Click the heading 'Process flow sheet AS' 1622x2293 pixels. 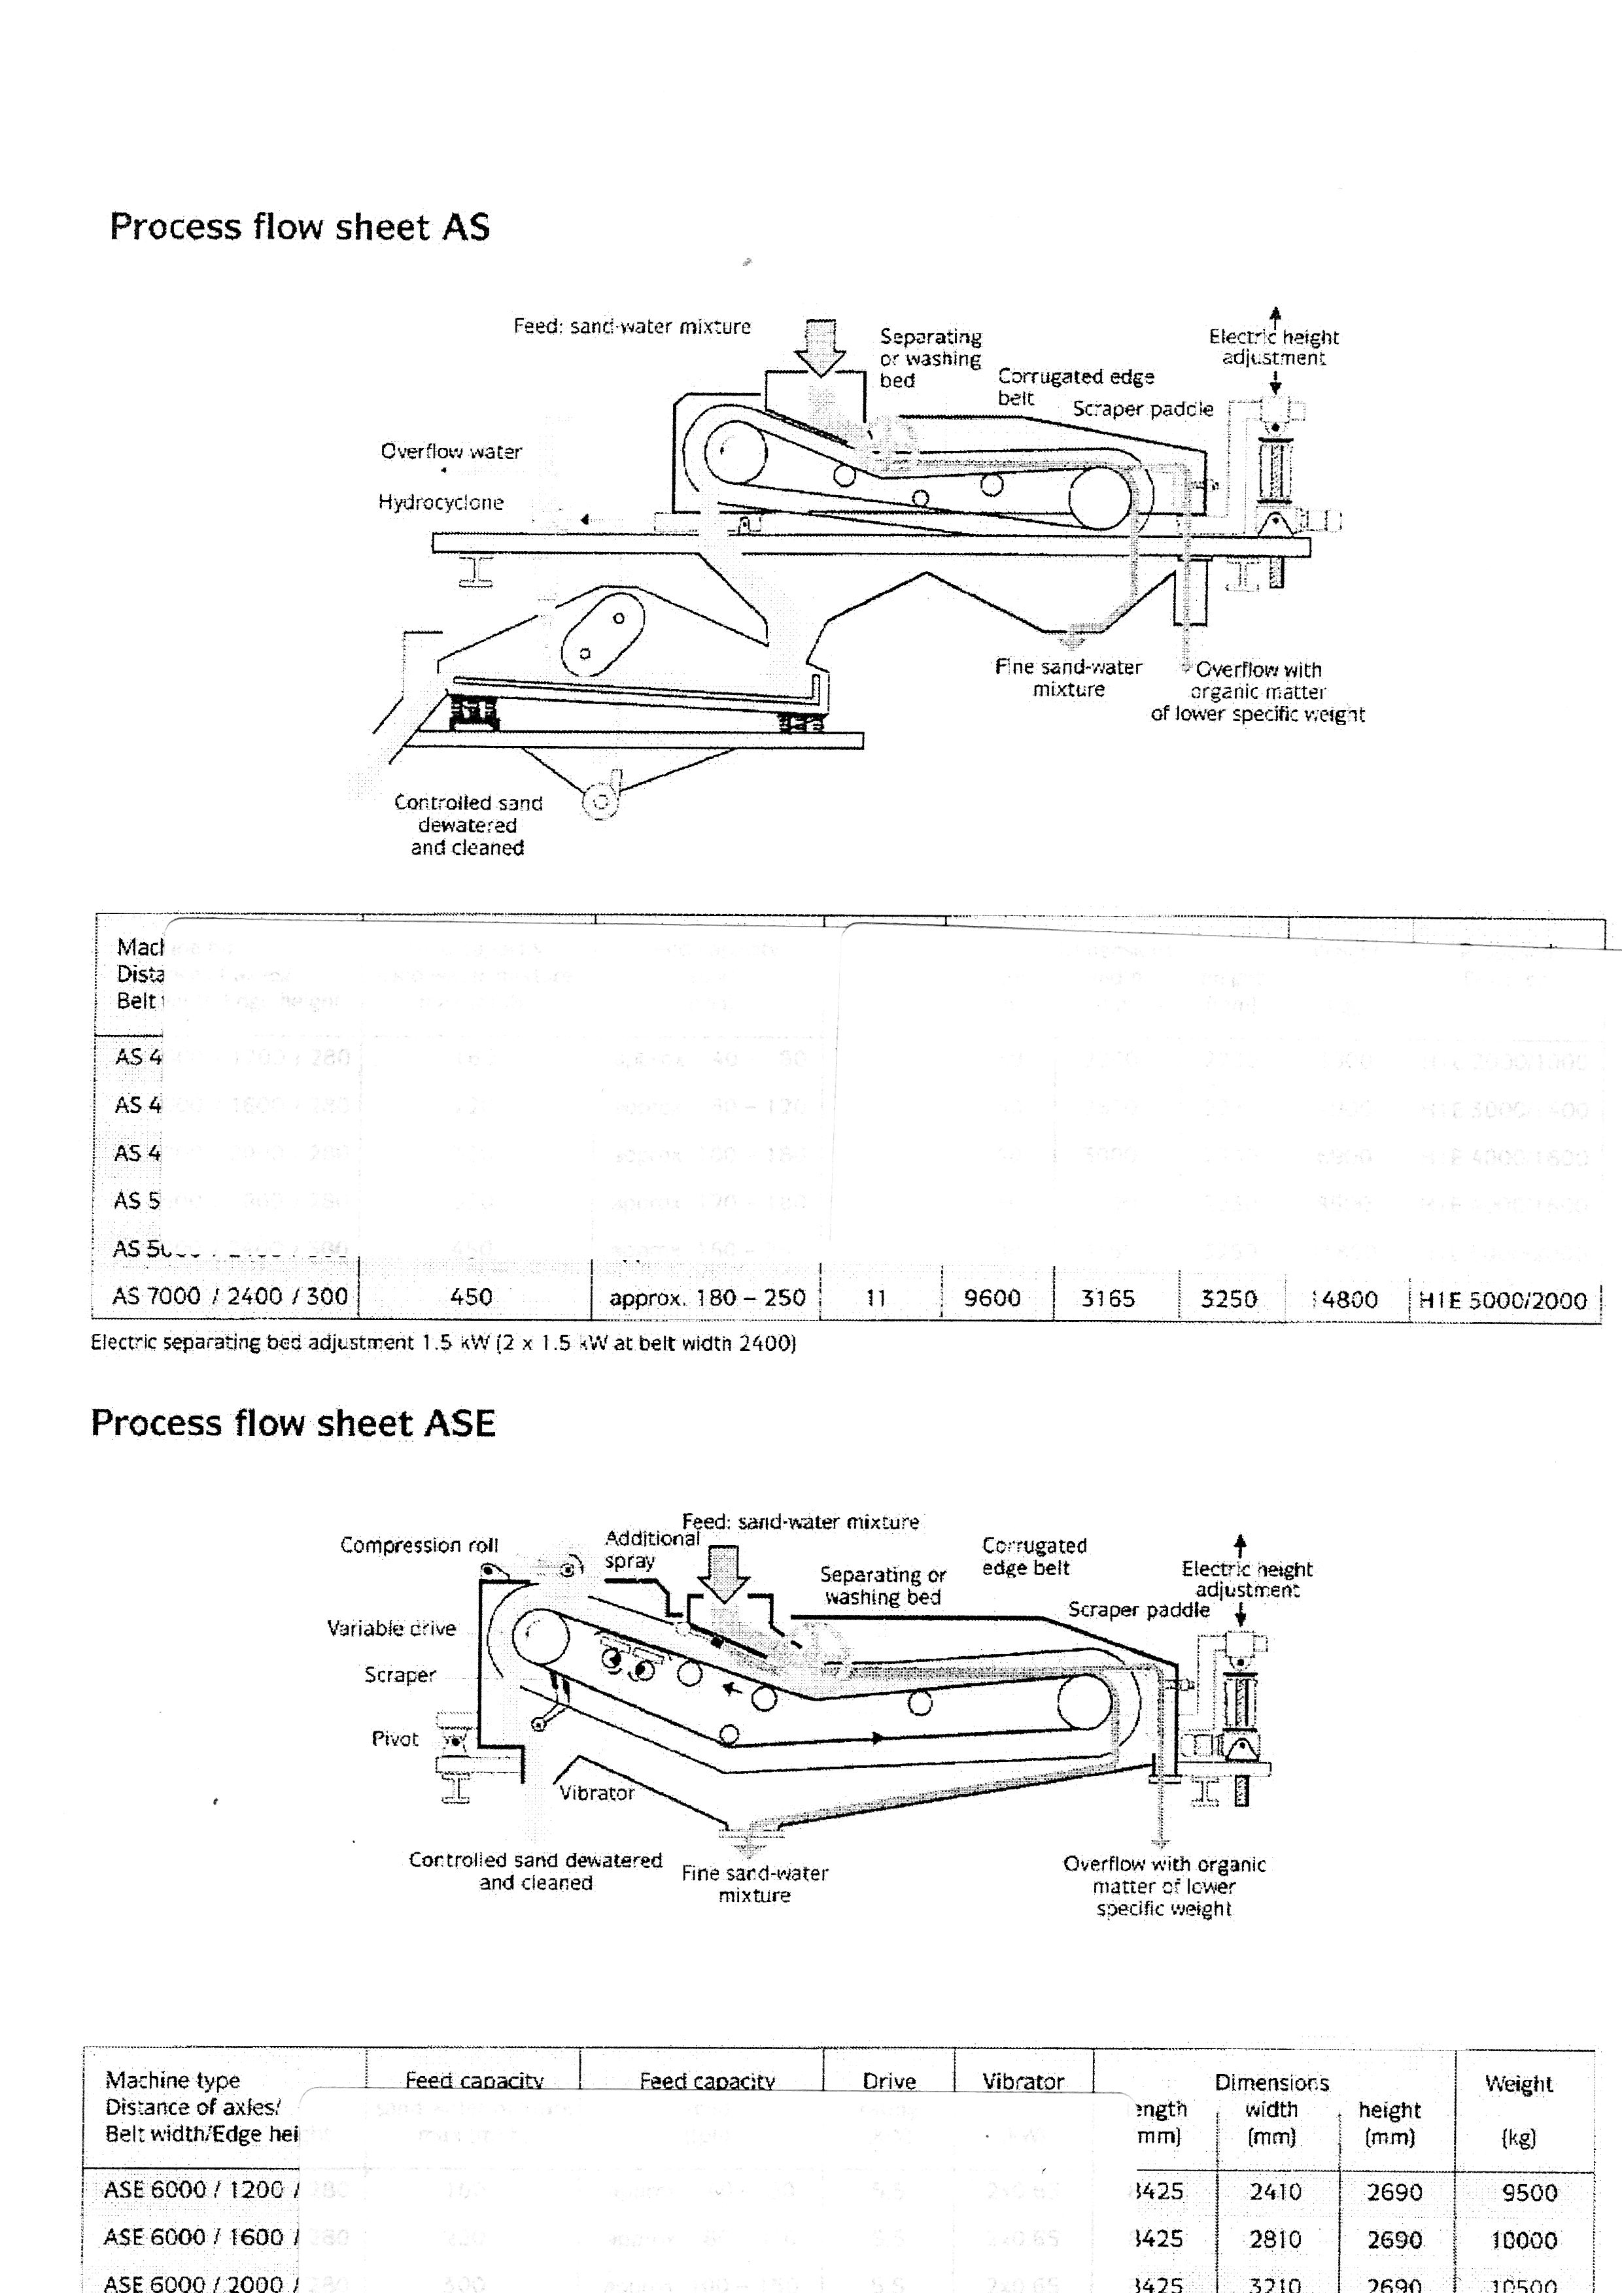300,228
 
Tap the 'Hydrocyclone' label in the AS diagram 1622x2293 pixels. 440,502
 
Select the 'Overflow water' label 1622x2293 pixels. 451,451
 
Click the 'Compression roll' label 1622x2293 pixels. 419,1545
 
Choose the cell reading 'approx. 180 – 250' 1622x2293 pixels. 707,1299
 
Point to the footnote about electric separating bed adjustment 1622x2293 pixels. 443,1343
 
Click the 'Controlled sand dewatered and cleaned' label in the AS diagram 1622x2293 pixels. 468,825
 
